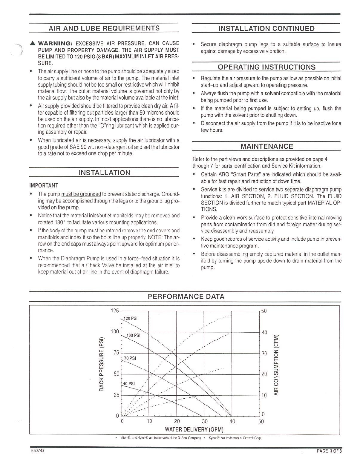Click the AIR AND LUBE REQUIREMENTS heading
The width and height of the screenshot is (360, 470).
104,28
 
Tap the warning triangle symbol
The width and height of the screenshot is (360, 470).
33,44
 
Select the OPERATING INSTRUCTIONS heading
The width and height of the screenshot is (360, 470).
266,67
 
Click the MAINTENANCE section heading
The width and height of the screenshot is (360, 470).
266,146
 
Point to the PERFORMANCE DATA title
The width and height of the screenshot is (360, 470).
186,297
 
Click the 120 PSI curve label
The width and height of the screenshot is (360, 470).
131,318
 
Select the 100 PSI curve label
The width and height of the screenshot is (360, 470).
133,336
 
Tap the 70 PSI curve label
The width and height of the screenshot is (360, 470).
130,358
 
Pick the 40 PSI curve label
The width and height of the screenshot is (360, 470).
129,384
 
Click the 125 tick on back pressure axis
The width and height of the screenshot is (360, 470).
115,311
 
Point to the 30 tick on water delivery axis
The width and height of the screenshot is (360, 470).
205,421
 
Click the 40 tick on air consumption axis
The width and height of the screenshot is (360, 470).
264,332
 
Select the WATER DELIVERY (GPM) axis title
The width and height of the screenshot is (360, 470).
194,429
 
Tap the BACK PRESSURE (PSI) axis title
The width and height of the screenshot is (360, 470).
102,363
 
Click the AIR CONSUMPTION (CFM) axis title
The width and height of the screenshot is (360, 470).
276,365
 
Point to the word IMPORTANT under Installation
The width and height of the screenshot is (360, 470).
44,185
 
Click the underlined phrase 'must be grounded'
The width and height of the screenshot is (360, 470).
81,194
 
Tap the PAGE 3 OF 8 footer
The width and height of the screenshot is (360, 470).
329,451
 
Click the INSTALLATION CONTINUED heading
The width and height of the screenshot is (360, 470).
266,29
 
